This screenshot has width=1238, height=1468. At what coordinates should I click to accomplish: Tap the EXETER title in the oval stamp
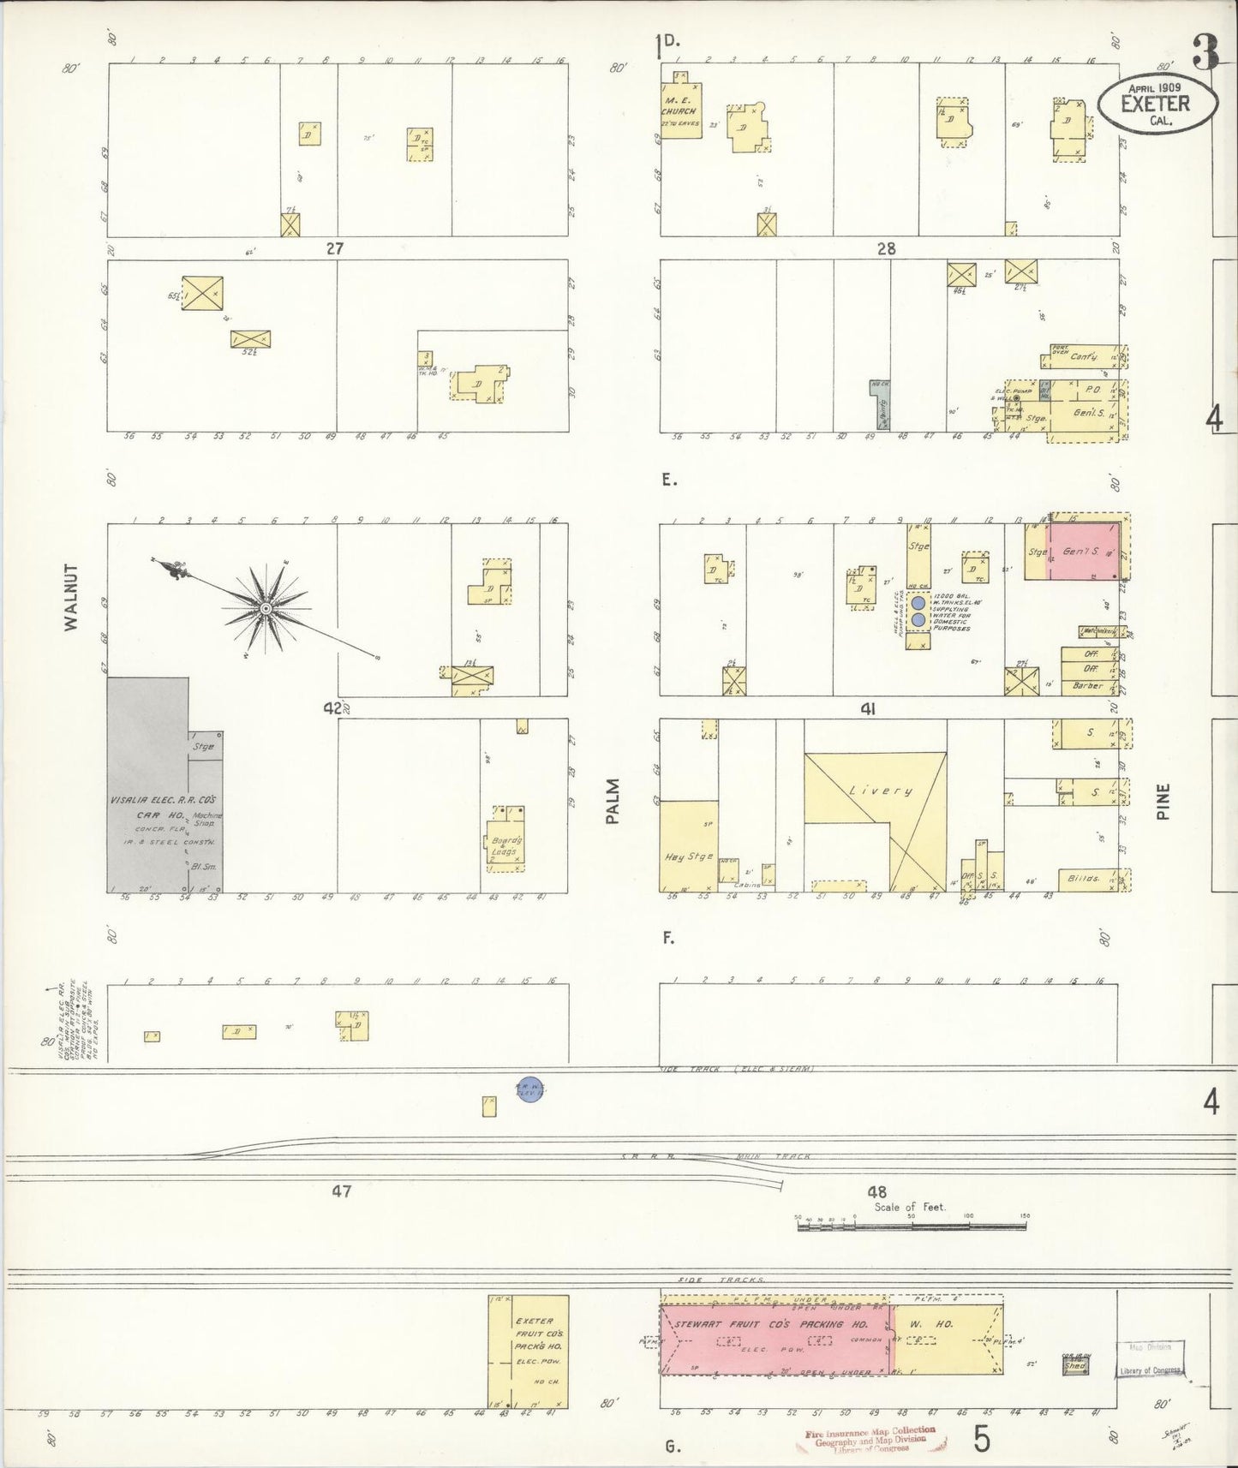[x=1156, y=104]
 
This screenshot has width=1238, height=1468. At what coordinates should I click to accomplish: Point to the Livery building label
[x=880, y=791]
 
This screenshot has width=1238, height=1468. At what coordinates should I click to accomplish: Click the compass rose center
[x=266, y=608]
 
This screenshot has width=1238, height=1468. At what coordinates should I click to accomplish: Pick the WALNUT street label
[x=70, y=597]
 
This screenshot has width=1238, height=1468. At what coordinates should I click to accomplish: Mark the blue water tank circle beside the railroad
[x=531, y=1089]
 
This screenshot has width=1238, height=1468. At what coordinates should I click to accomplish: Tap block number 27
[x=334, y=248]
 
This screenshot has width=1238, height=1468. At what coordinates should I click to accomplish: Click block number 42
[x=332, y=708]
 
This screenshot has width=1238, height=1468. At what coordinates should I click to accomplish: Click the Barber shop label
[x=1088, y=686]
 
